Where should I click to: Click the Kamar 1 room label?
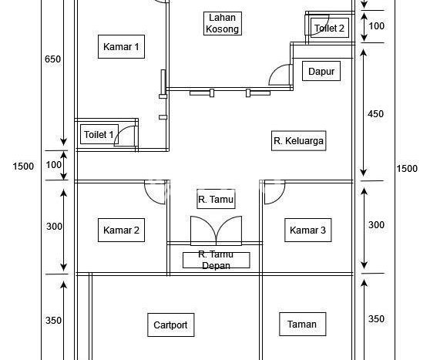coord(121,47)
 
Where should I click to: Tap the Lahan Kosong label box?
coord(223,23)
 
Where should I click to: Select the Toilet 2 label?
coord(329,28)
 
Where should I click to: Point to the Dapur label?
coord(321,72)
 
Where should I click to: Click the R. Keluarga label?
coord(299,141)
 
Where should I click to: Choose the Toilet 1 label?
coord(99,134)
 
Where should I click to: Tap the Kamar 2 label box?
coord(121,230)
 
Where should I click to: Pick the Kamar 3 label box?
coord(307,230)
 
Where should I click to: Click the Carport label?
coord(170,325)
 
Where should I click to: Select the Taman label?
coord(302,324)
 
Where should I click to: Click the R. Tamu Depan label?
coord(216,260)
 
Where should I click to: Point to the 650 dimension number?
coord(52,59)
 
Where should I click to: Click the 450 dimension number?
coord(375,113)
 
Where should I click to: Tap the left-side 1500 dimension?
coord(23,167)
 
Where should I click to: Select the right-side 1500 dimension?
coord(407,168)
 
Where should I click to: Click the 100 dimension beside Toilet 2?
coord(377,26)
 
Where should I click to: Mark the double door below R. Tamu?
coord(216,230)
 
